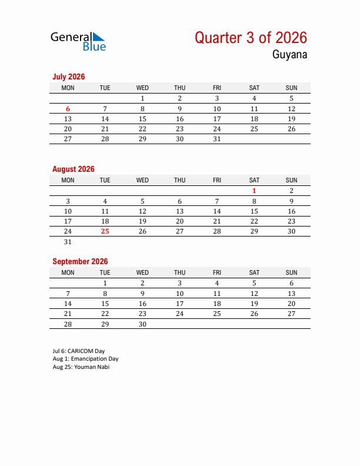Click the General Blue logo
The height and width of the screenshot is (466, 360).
(78, 41)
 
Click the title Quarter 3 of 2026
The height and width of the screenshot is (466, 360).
(251, 38)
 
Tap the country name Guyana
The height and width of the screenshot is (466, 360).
(289, 55)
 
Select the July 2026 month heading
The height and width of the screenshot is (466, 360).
(69, 76)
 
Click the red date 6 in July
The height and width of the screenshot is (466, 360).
(68, 109)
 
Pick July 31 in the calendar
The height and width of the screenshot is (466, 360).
(217, 139)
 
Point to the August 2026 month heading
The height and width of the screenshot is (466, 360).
(74, 169)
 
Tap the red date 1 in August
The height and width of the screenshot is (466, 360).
(254, 191)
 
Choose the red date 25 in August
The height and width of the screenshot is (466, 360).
(105, 231)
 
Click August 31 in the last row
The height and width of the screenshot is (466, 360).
(68, 242)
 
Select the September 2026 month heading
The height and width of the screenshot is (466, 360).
(80, 261)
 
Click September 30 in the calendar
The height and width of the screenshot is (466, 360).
(142, 324)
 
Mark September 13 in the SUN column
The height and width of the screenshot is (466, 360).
(291, 294)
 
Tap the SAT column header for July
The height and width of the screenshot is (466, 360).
(254, 88)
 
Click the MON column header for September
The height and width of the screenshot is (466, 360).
(68, 272)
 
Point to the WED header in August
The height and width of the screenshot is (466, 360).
(142, 180)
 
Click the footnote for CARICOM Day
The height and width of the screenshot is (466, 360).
(79, 351)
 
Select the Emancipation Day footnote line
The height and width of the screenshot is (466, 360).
(85, 359)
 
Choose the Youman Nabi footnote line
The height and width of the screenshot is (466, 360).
(81, 367)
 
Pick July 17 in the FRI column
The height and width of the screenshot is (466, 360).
(217, 119)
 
